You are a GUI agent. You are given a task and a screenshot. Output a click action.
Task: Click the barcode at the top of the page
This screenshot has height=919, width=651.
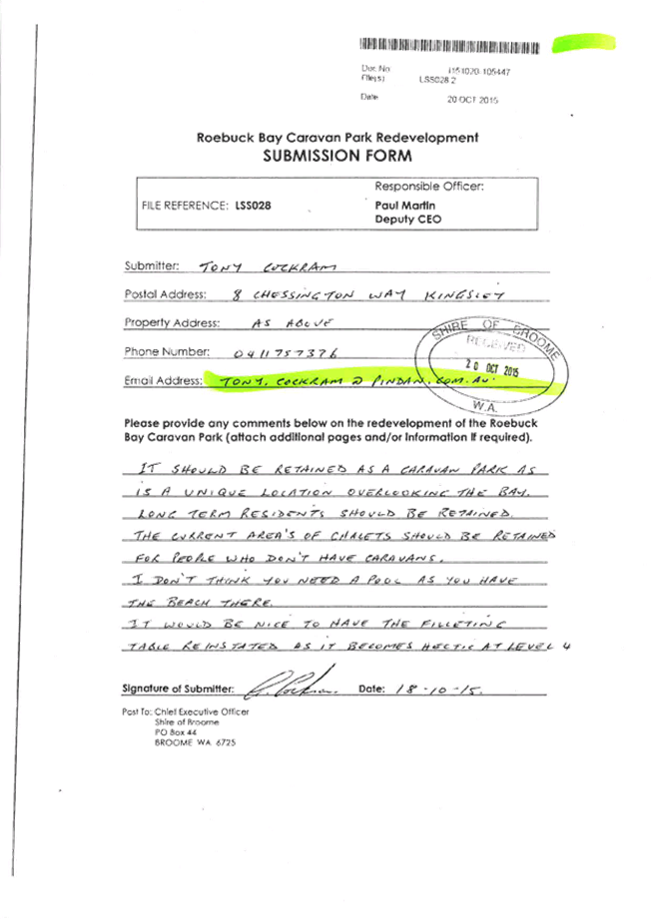point(450,44)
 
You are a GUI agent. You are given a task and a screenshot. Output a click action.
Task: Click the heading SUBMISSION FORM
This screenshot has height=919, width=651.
point(336,157)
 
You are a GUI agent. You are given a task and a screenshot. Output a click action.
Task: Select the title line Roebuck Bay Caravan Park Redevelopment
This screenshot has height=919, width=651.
point(336,138)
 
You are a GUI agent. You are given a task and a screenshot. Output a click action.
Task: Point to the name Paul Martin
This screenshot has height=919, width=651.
point(397,205)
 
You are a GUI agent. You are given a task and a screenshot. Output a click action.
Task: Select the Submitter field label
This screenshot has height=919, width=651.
point(150,266)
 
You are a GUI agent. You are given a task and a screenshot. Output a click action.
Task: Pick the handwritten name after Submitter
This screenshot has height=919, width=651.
point(255,266)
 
